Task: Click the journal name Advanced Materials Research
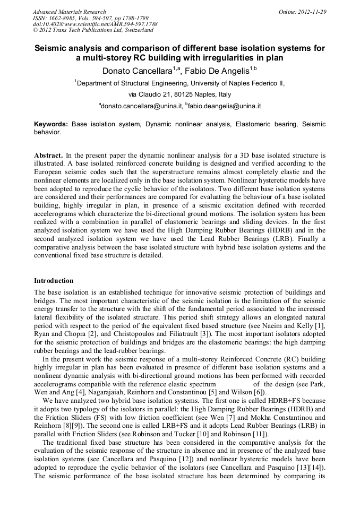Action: [69, 12]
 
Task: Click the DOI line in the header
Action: [95, 24]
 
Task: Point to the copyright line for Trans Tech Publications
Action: [93, 31]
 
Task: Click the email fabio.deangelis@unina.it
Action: [224, 106]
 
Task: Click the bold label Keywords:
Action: [51, 124]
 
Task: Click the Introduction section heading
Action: [54, 280]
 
